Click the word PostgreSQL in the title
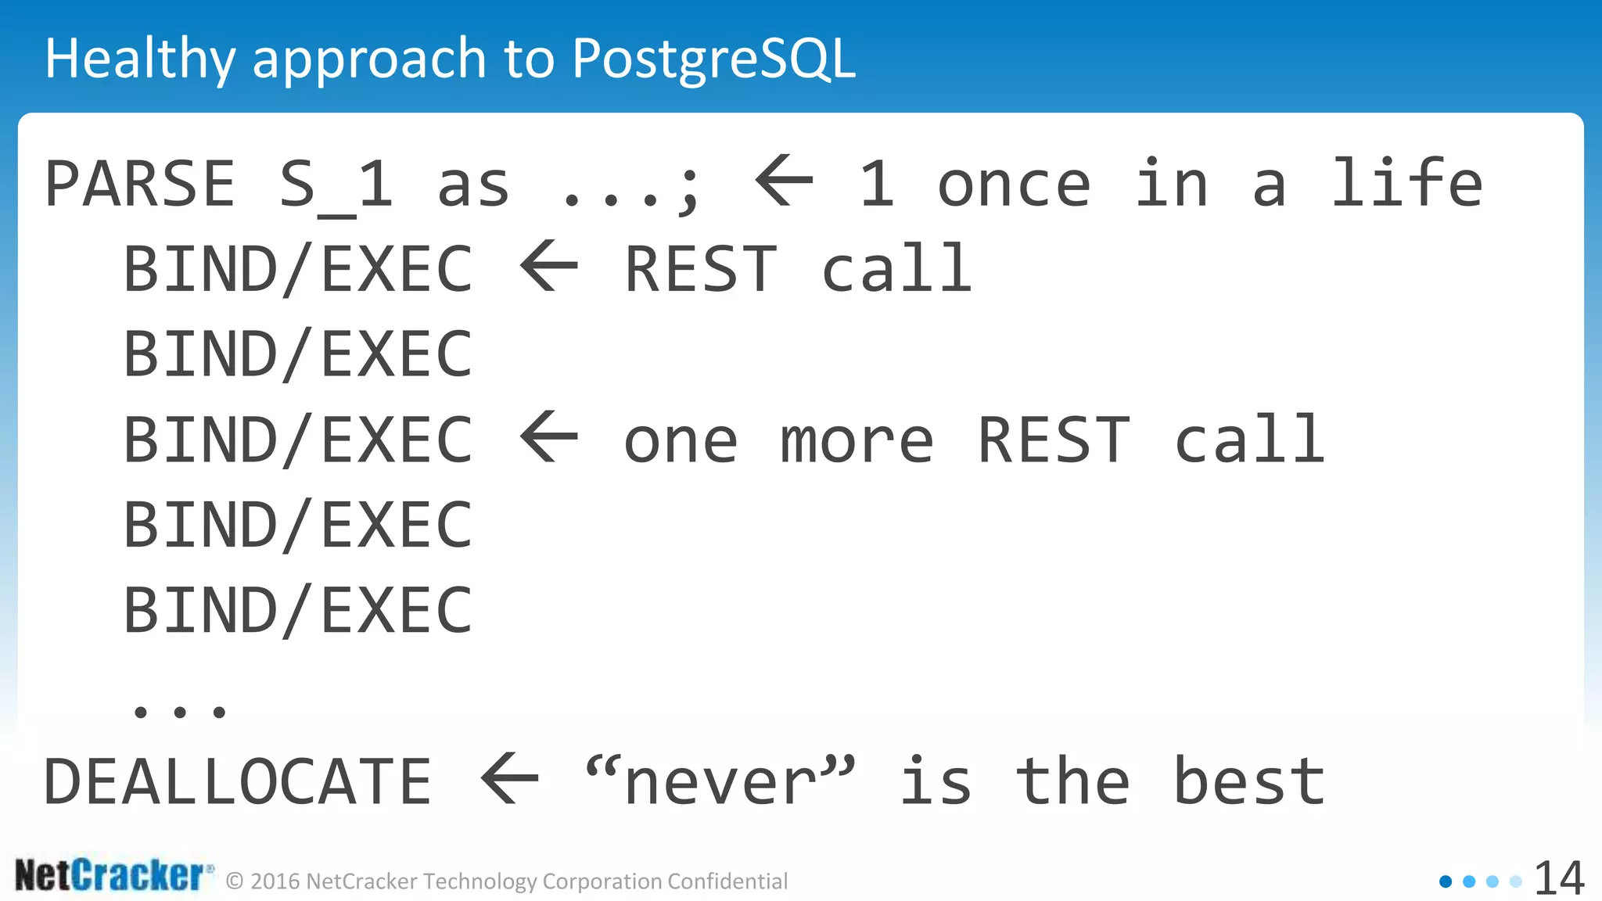point(713,59)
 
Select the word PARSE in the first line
point(140,185)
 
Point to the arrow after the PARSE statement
point(784,181)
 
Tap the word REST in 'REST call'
point(700,270)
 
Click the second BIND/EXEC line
point(298,354)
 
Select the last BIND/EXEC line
point(298,611)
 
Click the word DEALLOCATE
point(238,781)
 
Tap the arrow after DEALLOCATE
point(510,778)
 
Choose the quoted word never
point(720,781)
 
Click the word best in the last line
point(1249,781)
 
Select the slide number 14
point(1558,878)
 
